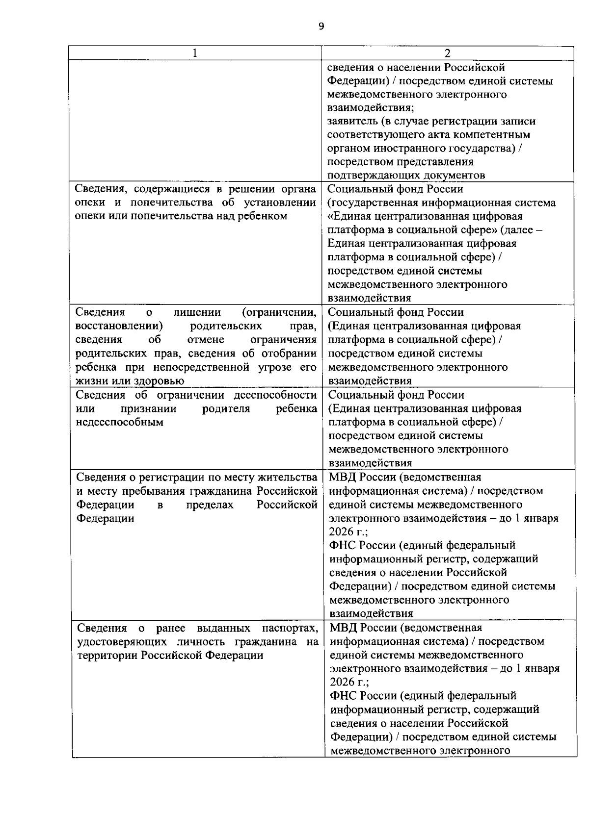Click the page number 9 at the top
(x=321, y=26)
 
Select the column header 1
(x=195, y=53)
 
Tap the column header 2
(x=447, y=53)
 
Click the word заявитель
(x=351, y=121)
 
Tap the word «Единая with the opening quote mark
(x=353, y=216)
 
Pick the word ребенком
(x=265, y=216)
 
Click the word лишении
(x=197, y=312)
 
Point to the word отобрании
(x=291, y=354)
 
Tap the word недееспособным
(x=119, y=422)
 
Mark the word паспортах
(x=290, y=628)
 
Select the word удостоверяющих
(x=119, y=642)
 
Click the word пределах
(x=210, y=505)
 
